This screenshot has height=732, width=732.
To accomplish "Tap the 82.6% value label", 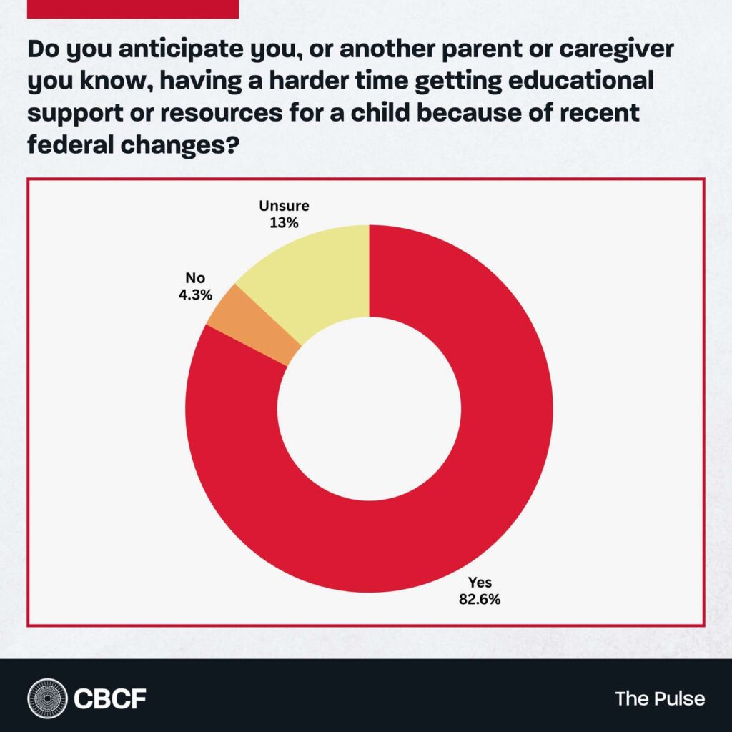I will coord(480,599).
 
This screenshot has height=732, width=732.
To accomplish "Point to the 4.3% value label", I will coord(195,295).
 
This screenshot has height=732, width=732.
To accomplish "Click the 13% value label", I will coord(282,223).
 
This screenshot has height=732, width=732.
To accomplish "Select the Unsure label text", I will coord(282,207).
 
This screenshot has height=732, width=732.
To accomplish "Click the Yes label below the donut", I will coord(480,583).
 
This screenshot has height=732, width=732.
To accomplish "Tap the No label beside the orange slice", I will coord(195,278).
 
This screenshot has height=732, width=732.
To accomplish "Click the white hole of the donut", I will coord(369,409).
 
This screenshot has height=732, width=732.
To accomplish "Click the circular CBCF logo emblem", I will coord(48,698).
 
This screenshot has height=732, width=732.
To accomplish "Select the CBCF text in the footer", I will coord(110,698).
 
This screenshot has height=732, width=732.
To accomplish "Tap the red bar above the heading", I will coord(132,9).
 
